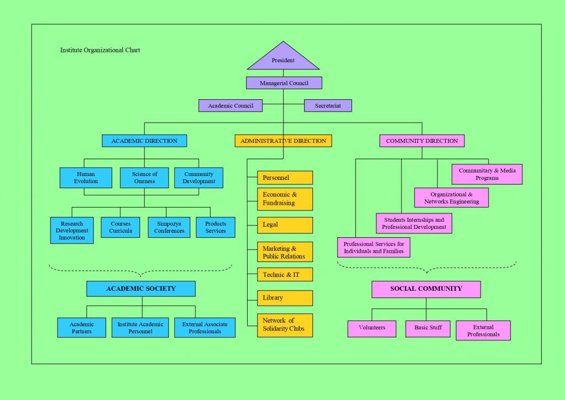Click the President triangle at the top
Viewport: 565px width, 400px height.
(x=283, y=59)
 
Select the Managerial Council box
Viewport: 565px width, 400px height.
(x=284, y=83)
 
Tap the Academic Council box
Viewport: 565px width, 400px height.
(x=231, y=105)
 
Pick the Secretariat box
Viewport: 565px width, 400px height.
(x=328, y=105)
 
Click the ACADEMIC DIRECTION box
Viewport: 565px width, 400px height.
(x=145, y=141)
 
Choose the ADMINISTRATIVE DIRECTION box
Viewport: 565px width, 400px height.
(x=283, y=141)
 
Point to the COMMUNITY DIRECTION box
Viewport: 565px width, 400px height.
(x=422, y=141)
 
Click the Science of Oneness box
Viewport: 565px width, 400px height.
(x=145, y=178)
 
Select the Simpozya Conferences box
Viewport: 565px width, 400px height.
(x=169, y=227)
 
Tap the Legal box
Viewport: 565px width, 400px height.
(x=285, y=225)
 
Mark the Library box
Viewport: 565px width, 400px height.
(x=285, y=298)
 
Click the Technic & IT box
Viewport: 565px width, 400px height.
(x=285, y=275)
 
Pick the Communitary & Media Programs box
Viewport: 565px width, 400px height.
(x=487, y=174)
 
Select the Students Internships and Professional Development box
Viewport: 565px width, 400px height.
(x=414, y=223)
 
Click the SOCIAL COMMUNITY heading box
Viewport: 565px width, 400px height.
(x=426, y=289)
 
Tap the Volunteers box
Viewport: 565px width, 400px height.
(x=372, y=328)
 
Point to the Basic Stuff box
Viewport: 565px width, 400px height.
(x=428, y=328)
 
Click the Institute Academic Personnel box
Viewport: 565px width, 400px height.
(x=140, y=328)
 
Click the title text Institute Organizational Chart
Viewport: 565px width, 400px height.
(x=100, y=50)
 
